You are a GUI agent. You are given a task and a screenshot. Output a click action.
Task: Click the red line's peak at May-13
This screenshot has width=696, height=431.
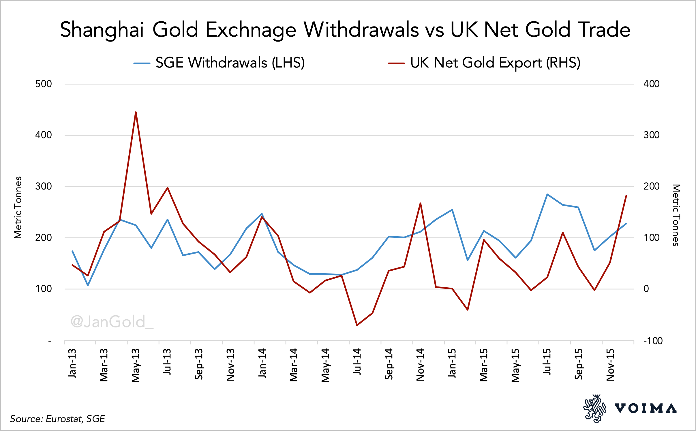(x=136, y=112)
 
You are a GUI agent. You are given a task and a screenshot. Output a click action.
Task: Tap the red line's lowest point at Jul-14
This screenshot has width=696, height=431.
(x=357, y=325)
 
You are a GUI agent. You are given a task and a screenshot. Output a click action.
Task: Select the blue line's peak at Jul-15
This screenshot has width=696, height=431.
(x=547, y=194)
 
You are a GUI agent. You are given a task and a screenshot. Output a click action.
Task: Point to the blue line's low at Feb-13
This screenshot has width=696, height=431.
(x=88, y=285)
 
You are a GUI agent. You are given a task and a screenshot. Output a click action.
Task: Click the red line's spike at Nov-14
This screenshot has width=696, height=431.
(x=420, y=203)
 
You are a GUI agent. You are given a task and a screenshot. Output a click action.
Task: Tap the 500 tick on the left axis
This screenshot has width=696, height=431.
(x=44, y=84)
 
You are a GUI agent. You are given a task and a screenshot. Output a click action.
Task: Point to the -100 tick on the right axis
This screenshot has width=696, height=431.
(x=653, y=341)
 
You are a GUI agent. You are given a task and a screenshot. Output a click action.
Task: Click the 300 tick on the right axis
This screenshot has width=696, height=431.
(x=651, y=135)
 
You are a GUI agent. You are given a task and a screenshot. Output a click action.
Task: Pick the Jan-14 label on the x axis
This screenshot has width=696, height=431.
(x=262, y=363)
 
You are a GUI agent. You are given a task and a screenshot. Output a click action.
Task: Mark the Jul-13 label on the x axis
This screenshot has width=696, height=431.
(x=167, y=362)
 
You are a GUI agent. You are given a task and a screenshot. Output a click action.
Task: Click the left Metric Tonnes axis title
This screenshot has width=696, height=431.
(x=18, y=207)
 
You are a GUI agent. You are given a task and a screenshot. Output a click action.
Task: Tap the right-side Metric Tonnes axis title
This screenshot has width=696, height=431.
(x=676, y=215)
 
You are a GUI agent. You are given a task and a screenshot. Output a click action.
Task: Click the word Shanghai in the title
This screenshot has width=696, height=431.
(x=102, y=30)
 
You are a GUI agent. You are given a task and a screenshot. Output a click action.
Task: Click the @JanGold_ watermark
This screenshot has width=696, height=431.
(x=112, y=322)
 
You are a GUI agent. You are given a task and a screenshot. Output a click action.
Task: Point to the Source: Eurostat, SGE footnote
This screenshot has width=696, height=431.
(x=57, y=419)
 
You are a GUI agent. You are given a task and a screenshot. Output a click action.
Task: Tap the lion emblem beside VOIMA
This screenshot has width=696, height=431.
(x=595, y=408)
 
